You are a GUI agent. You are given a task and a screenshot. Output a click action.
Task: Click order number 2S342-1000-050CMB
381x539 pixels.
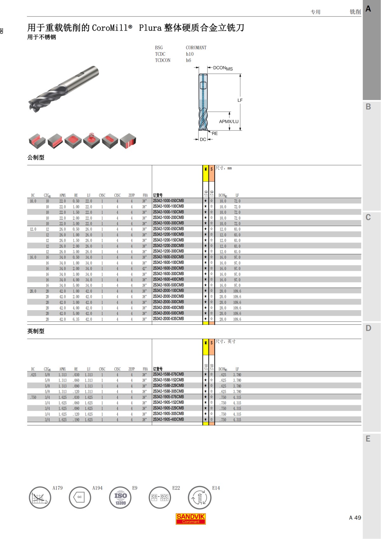point(168,201)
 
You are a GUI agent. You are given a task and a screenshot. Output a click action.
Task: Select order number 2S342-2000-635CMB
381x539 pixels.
point(168,319)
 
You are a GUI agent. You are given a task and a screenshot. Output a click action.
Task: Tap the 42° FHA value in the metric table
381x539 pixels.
point(144,269)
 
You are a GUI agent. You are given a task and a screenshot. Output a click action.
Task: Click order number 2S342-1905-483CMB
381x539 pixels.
point(168,420)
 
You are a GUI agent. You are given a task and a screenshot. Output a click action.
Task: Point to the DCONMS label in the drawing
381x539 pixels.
point(223,68)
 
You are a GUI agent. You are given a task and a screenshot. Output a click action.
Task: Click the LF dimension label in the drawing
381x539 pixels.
point(240,100)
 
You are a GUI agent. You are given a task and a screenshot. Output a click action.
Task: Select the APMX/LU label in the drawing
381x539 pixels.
point(229,122)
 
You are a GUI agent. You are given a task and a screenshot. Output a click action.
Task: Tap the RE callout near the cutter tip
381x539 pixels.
point(215,134)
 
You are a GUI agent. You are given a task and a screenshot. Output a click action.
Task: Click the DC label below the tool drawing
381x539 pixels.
point(203,140)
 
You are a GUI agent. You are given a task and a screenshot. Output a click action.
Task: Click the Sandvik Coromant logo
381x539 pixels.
point(190,519)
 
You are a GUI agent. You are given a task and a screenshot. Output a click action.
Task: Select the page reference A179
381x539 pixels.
point(57,488)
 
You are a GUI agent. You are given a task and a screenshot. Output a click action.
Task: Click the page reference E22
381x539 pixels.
point(176,488)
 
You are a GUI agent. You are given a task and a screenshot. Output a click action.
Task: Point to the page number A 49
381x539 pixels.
point(355,518)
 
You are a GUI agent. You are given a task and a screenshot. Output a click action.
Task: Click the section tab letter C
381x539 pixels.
point(368,217)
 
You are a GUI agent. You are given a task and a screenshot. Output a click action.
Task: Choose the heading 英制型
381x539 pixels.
point(36,331)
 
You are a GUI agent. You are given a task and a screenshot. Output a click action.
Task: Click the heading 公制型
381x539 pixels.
point(36,157)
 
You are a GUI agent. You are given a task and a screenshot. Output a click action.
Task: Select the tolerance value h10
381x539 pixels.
point(190,54)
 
